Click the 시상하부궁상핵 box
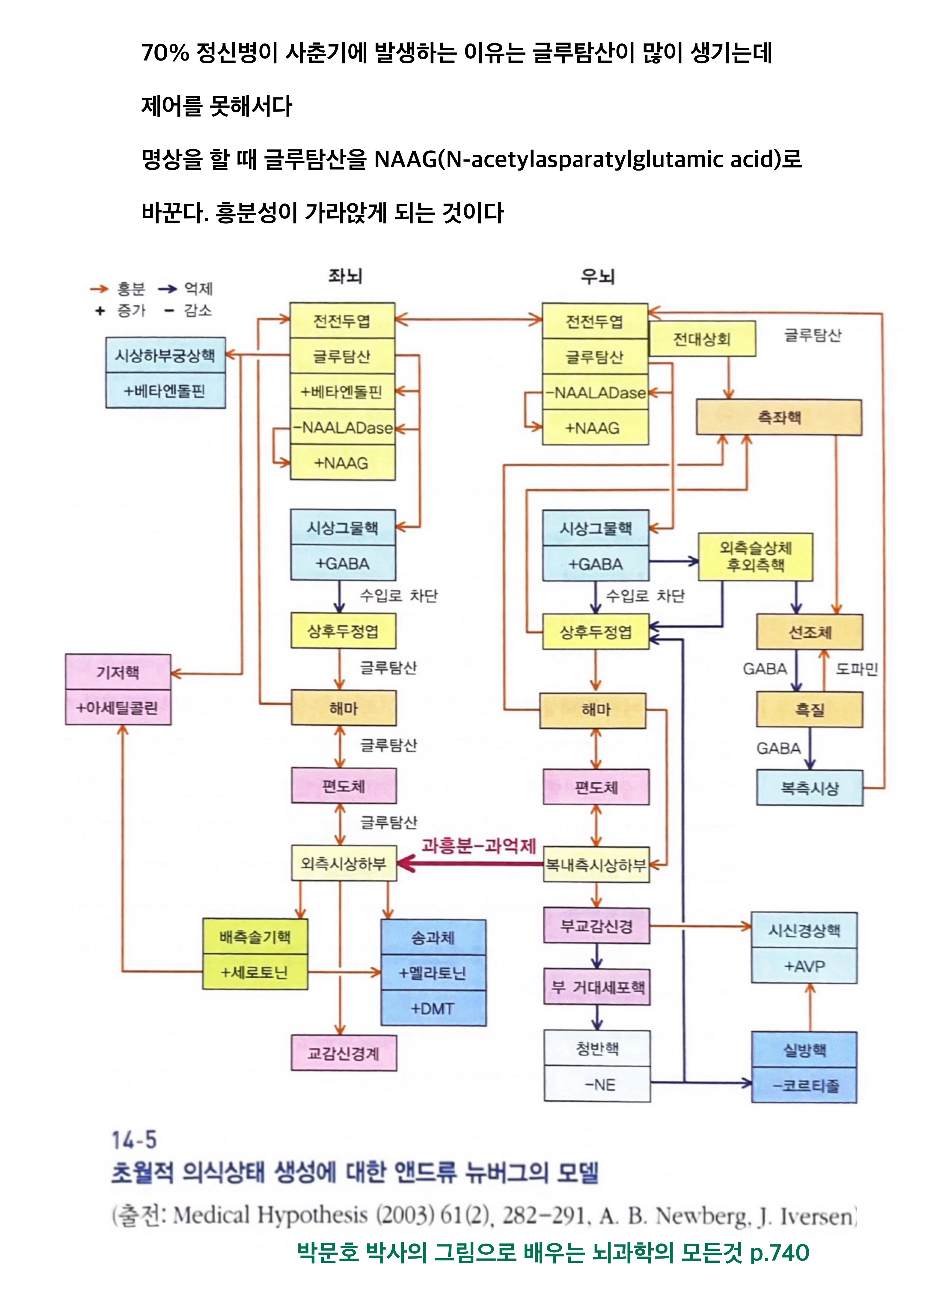[x=165, y=355]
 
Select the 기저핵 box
[x=118, y=672]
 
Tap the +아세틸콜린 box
[x=118, y=708]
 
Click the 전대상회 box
[x=702, y=339]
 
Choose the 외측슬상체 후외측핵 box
[x=755, y=557]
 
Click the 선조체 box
[x=809, y=632]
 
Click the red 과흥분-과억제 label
[x=478, y=846]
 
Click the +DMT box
[x=433, y=1008]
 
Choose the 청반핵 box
[x=597, y=1048]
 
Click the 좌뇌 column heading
[x=345, y=276]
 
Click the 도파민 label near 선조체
[x=856, y=669]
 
